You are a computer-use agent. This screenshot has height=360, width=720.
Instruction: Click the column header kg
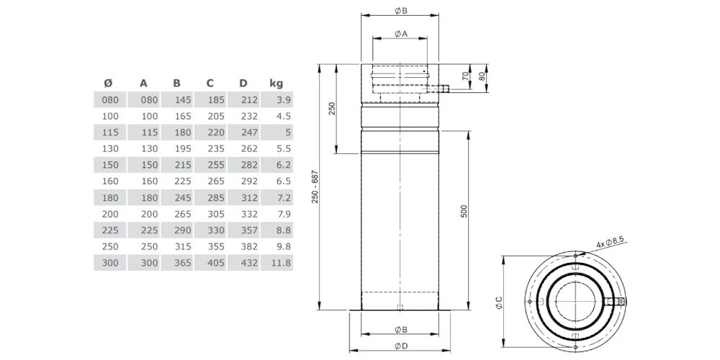pos(276,83)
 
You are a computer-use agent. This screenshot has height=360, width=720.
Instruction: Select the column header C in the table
pos(210,83)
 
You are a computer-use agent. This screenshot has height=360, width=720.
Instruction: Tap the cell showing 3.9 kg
pos(282,99)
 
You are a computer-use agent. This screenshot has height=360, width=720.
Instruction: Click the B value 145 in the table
pos(181,99)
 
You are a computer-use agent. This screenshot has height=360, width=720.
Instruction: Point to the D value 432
pos(248,264)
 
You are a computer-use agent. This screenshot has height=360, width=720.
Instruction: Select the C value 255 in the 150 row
pos(215,165)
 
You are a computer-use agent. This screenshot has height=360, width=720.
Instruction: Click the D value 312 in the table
pos(248,198)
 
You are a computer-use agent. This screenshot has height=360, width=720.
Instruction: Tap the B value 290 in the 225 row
pos(181,231)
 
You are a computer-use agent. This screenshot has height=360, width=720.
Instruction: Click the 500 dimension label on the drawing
pos(464,211)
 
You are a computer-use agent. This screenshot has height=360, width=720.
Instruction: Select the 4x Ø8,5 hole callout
pos(610,246)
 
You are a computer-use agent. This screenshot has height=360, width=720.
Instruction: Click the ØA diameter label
pos(401,33)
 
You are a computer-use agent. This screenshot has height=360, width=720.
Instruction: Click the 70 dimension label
pos(465,76)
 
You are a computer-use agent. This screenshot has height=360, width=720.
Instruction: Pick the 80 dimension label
pos(482,76)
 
